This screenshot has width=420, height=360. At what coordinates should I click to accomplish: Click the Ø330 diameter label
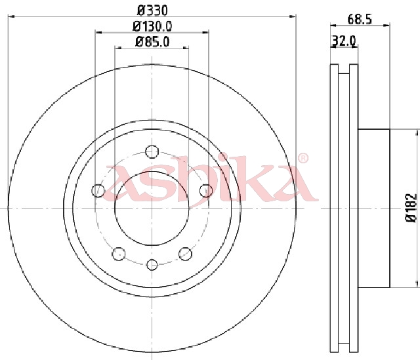[152, 10]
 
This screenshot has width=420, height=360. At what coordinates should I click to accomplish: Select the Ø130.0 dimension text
[152, 26]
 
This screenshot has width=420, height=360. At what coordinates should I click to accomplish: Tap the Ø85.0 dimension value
[152, 42]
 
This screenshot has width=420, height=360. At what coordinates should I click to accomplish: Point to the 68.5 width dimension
[360, 19]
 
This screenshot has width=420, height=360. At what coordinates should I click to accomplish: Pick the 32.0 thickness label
[344, 41]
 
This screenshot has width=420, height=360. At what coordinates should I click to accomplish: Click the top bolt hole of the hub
[152, 151]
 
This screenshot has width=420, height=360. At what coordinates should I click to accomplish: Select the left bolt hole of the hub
[98, 191]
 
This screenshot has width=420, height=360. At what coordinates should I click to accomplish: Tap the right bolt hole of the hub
[206, 191]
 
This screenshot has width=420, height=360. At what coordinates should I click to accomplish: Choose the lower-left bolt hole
[119, 254]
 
